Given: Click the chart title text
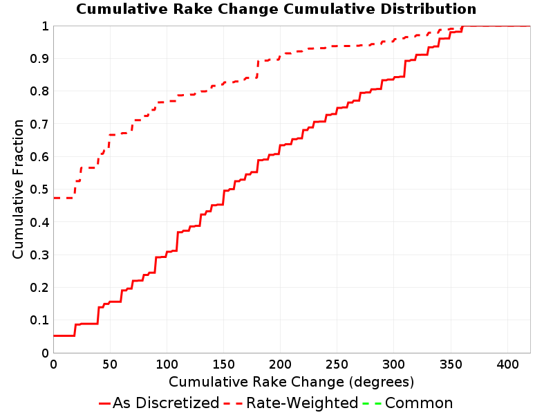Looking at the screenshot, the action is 276,9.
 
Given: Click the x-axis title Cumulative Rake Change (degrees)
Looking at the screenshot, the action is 291,382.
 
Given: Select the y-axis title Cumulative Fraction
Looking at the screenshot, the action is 18,189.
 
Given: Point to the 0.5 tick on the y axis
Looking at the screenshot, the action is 39,190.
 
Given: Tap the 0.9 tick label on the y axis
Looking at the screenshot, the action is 39,59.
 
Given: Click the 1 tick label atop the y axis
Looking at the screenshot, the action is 45,26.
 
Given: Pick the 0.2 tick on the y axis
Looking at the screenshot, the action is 39,288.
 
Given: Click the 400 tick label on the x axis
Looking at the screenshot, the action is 507,365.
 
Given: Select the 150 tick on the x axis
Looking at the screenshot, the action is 223,365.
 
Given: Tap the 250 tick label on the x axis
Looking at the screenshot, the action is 337,365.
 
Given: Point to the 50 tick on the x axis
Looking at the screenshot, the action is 110,365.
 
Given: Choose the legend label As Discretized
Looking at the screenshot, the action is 166,403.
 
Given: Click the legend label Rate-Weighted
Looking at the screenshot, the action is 302,403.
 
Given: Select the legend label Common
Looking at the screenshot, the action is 419,403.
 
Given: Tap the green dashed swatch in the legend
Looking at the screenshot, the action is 372,403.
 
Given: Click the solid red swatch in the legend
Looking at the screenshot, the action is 105,403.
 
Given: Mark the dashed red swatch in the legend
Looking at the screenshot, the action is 233,403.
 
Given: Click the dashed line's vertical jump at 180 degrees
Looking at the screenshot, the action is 257,69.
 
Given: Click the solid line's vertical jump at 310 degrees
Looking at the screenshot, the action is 404,68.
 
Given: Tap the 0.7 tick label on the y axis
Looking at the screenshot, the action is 39,124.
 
